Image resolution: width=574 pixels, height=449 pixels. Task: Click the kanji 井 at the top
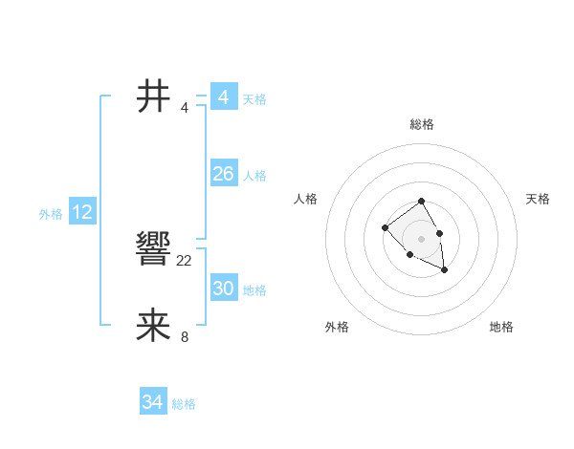(154, 96)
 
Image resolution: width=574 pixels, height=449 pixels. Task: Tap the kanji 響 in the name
(154, 249)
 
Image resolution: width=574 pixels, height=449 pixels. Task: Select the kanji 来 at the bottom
(154, 326)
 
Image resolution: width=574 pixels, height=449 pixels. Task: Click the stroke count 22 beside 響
(185, 260)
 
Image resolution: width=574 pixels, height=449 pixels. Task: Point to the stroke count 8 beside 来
(185, 336)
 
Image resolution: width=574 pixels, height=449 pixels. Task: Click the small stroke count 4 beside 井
(185, 107)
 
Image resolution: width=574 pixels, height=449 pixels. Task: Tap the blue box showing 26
(223, 174)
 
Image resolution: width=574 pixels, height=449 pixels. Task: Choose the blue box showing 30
(223, 289)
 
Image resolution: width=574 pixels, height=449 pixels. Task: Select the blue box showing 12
(81, 212)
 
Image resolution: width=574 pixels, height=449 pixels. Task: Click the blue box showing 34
(152, 402)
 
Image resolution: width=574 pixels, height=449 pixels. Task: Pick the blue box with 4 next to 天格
(223, 97)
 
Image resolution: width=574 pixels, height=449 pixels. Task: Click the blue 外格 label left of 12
(51, 214)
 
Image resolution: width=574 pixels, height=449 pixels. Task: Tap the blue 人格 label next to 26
(254, 176)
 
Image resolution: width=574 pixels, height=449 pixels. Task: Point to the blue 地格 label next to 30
(254, 290)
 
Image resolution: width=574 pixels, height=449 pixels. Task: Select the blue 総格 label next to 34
(184, 404)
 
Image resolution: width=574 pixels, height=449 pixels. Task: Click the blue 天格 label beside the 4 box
(254, 99)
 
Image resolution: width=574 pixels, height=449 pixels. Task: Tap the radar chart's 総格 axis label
(421, 124)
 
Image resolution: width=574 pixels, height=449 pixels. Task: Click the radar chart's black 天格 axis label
(538, 199)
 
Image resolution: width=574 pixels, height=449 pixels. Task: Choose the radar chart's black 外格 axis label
(337, 327)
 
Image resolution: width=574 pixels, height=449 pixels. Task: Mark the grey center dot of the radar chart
(421, 238)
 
